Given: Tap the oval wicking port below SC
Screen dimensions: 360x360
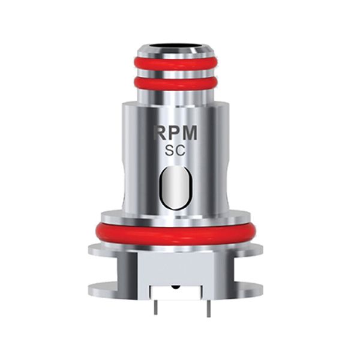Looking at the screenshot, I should click(x=176, y=188).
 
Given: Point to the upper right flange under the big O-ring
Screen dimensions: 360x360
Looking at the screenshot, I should click(x=252, y=248).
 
